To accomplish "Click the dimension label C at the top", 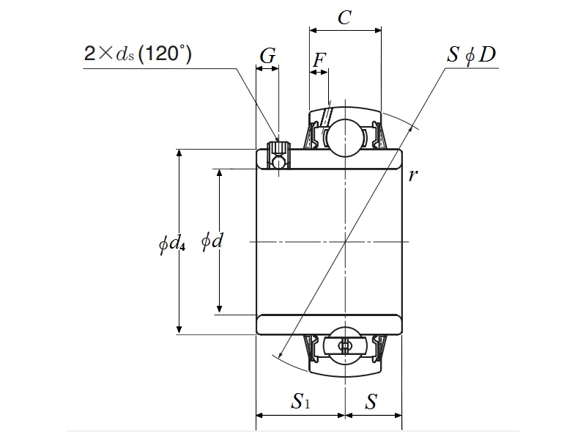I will (x=345, y=18).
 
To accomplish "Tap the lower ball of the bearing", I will (x=344, y=345).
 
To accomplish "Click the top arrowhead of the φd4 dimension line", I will (x=179, y=153).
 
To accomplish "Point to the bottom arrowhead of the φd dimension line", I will (x=218, y=310).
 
